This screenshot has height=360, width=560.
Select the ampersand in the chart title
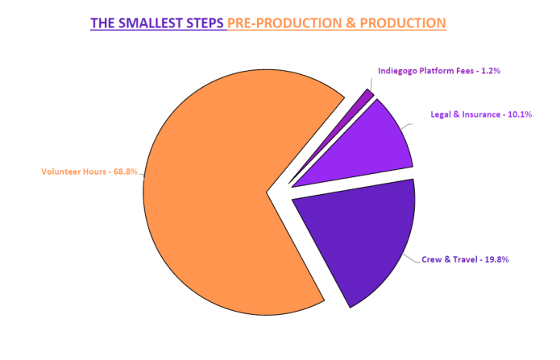click(x=352, y=23)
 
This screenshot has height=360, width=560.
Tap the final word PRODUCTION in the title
click(x=403, y=23)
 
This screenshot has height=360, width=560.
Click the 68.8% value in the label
click(x=128, y=172)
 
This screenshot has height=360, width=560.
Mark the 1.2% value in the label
click(x=490, y=71)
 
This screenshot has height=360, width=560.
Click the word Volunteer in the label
click(x=60, y=172)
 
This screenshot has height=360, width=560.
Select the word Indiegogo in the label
click(x=397, y=71)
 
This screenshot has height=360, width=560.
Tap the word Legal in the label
click(x=442, y=114)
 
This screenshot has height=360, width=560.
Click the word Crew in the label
click(x=432, y=259)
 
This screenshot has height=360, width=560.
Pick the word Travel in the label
click(x=465, y=259)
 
